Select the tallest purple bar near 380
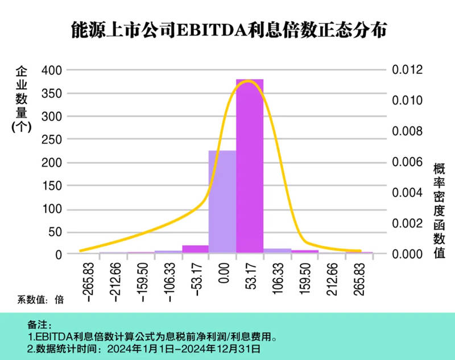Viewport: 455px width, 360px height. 250,165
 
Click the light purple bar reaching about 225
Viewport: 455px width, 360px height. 222,202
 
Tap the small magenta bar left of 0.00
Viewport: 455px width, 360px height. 195,249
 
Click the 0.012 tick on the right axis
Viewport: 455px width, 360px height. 408,70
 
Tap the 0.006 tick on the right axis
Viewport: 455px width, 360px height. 408,162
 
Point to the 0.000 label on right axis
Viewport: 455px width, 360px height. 408,254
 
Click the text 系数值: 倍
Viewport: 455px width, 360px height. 39,300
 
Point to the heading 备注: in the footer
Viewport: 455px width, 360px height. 39,325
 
